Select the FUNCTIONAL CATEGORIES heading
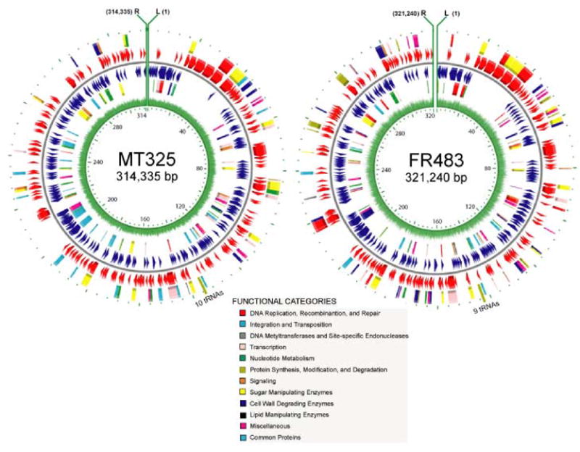click(278, 300)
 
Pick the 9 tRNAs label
click(493, 297)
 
